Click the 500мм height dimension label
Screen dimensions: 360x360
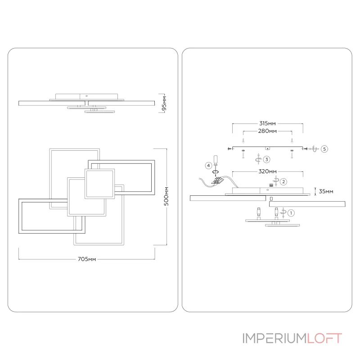(166, 197)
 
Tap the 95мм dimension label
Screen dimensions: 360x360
(164, 103)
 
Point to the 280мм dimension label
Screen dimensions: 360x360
(267, 131)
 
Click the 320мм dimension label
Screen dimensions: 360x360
(267, 171)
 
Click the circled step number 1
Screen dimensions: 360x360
(291, 212)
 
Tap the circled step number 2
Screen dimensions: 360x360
(283, 181)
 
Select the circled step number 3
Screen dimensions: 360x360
(266, 159)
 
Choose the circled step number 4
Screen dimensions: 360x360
(208, 166)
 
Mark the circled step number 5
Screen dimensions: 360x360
(324, 148)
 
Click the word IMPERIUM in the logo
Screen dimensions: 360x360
(274, 338)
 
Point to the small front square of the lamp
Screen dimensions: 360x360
(99, 184)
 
